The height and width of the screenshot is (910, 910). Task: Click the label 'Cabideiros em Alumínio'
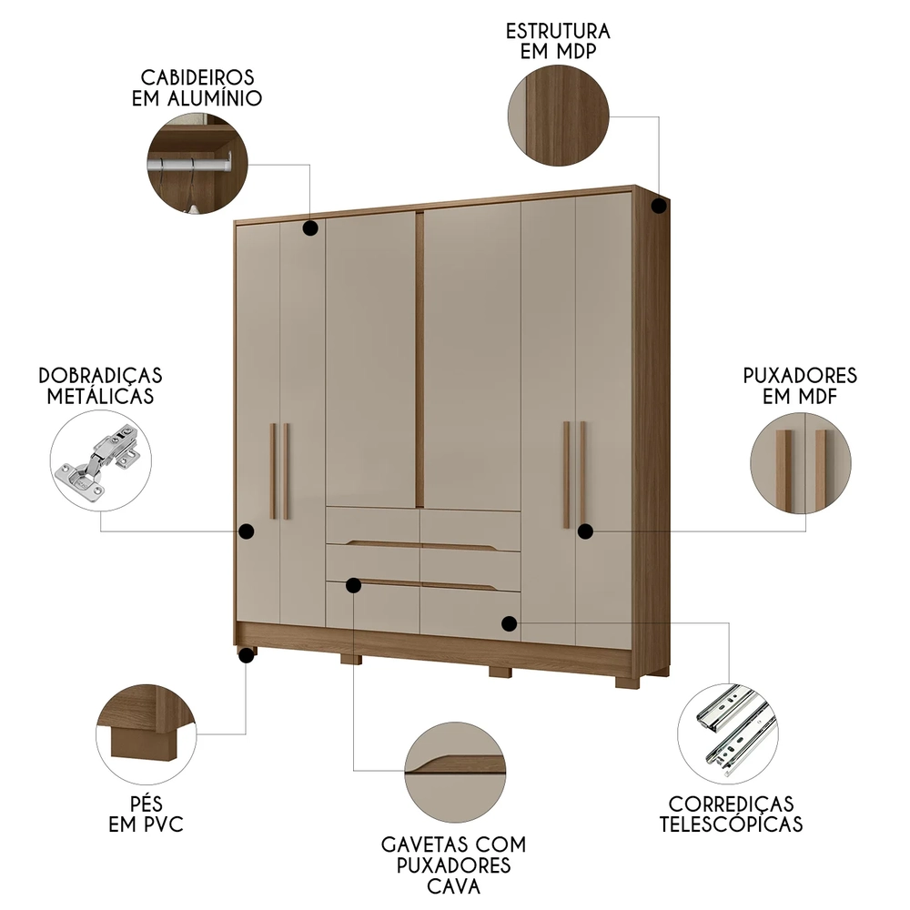pos(197,87)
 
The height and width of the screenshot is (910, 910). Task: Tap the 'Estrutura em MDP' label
pos(558,41)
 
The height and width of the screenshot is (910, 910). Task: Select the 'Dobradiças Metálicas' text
pos(100,386)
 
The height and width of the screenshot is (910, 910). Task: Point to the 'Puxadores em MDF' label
pos(800,386)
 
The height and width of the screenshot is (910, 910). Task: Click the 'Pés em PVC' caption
pos(145,814)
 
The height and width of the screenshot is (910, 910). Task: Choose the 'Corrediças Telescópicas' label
pos(732,814)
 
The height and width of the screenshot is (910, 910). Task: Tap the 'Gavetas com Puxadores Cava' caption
pos(454,864)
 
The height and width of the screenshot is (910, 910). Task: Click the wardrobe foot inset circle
pos(146,733)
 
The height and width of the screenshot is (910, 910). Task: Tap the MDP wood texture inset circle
pos(557,118)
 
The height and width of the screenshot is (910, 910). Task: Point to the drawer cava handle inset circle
pos(454,770)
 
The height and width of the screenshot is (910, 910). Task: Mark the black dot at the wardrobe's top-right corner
pos(659,207)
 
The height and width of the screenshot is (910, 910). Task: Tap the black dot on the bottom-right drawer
pos(509,623)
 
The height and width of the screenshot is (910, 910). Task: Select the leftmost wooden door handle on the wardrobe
pos(272,470)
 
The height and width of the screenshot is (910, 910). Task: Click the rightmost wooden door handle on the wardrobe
pos(582,473)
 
